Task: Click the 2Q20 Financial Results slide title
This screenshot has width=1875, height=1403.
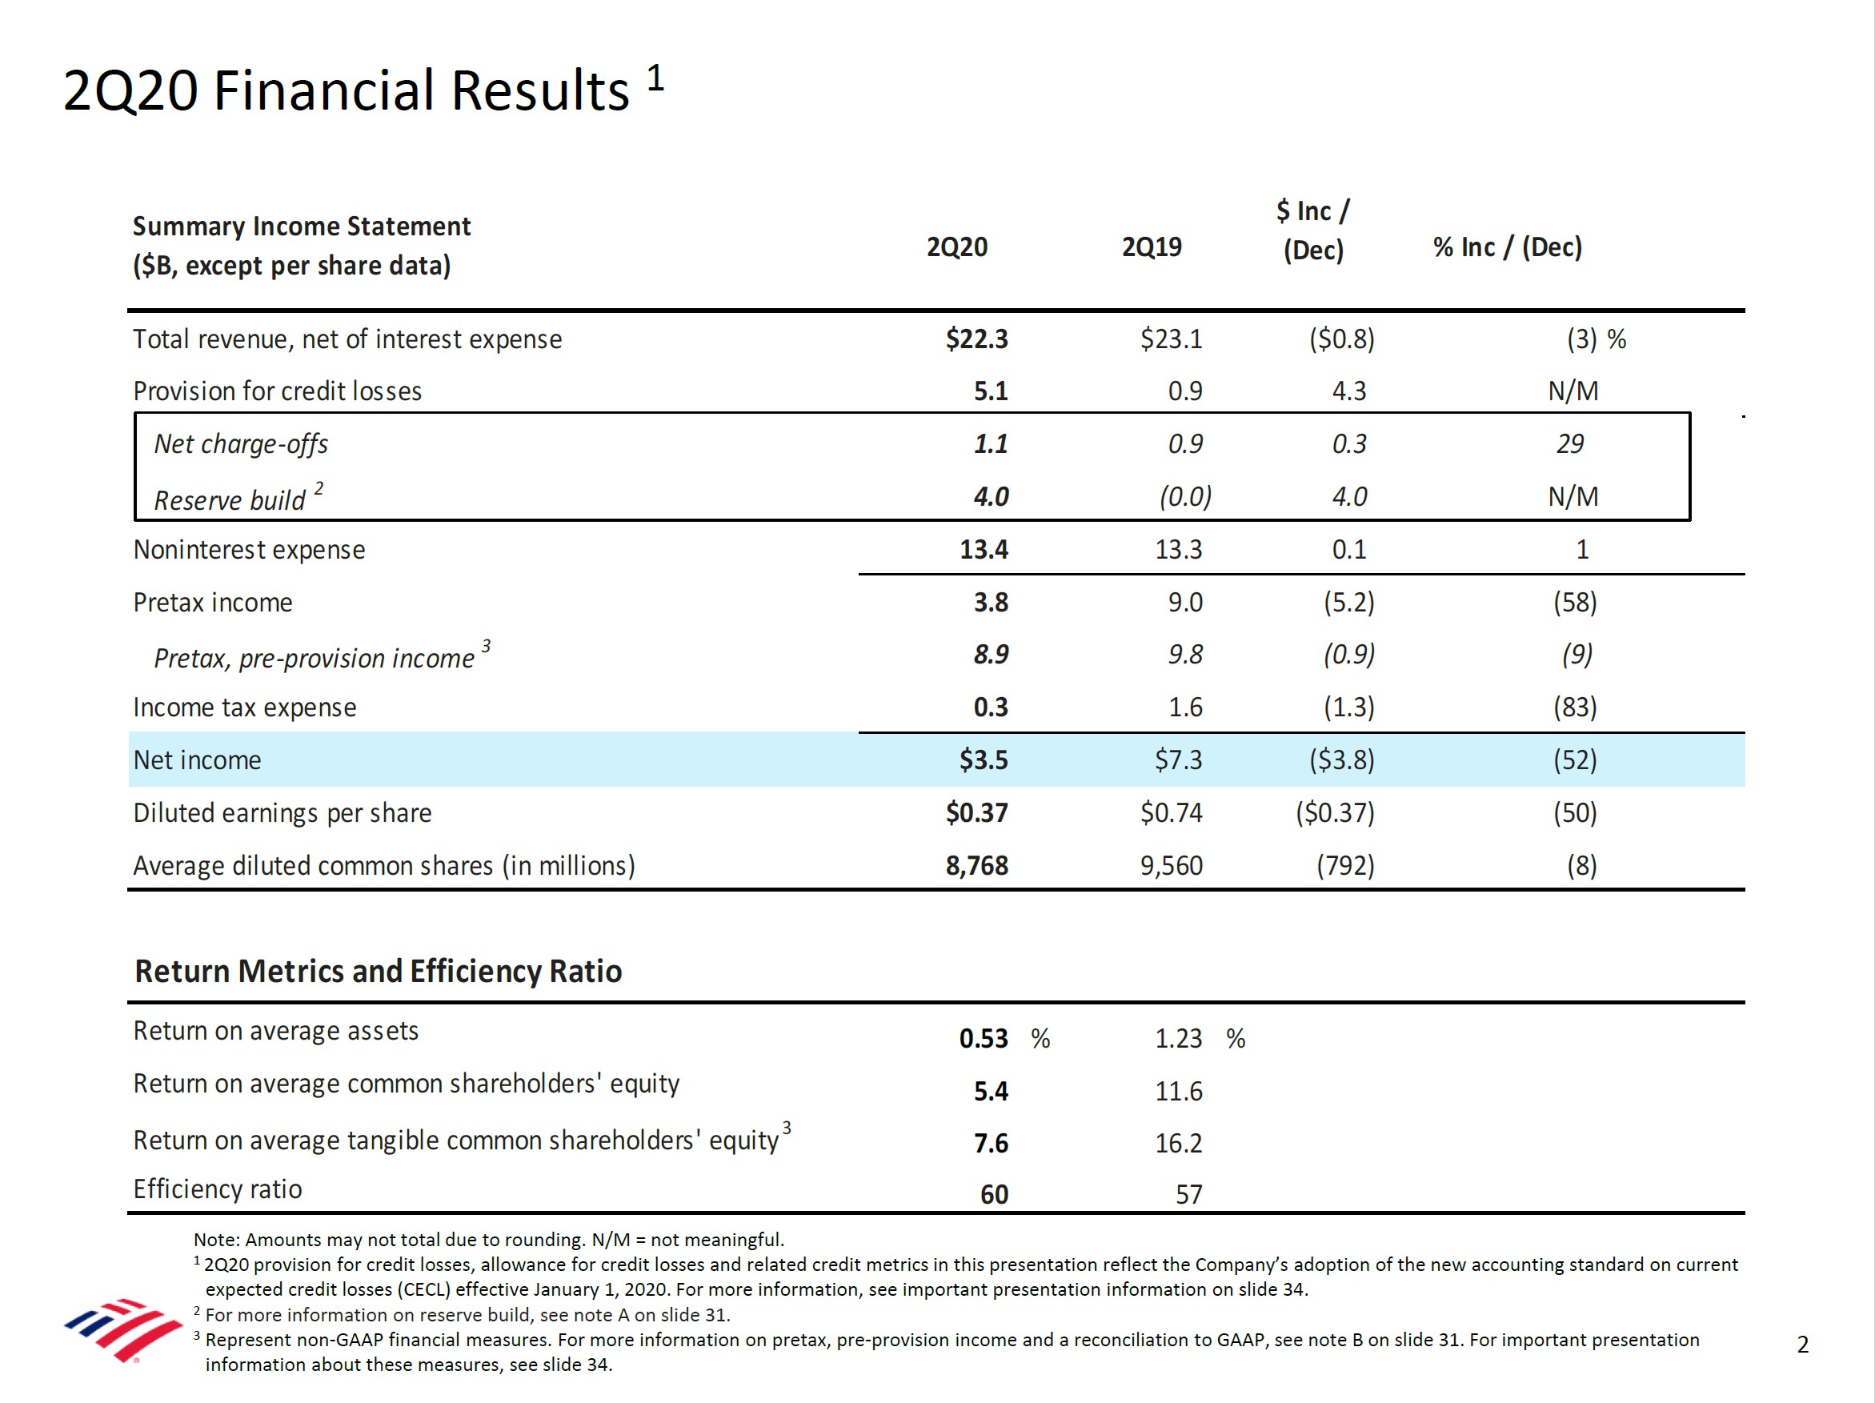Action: [347, 90]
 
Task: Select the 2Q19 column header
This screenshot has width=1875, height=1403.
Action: [1151, 247]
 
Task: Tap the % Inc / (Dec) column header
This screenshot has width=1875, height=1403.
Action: [1507, 247]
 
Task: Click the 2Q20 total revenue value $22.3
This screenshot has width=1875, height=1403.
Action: [976, 339]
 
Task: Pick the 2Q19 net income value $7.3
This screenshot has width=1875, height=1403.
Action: [1177, 760]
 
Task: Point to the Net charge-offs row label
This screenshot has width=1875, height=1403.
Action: [241, 444]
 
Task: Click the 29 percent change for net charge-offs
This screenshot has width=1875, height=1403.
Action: [1570, 444]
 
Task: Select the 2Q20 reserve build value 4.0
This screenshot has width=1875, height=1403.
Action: [991, 497]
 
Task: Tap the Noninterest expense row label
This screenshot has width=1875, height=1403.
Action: [249, 549]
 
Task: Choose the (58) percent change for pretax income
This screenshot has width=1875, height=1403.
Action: [1574, 603]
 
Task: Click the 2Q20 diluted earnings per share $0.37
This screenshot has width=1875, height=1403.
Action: [976, 813]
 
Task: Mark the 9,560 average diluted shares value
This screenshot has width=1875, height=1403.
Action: [1171, 865]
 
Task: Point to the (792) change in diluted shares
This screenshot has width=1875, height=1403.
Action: [1345, 865]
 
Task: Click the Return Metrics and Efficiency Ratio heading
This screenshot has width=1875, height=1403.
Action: [378, 972]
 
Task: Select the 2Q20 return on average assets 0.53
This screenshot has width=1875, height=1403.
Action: [984, 1039]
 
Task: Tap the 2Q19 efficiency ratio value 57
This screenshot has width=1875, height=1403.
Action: [1188, 1194]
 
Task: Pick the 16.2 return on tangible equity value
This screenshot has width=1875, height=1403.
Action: [1178, 1144]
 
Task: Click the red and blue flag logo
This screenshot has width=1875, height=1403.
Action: [123, 1329]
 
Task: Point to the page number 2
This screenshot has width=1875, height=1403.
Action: [1802, 1345]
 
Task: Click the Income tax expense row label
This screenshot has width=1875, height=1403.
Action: [244, 708]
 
